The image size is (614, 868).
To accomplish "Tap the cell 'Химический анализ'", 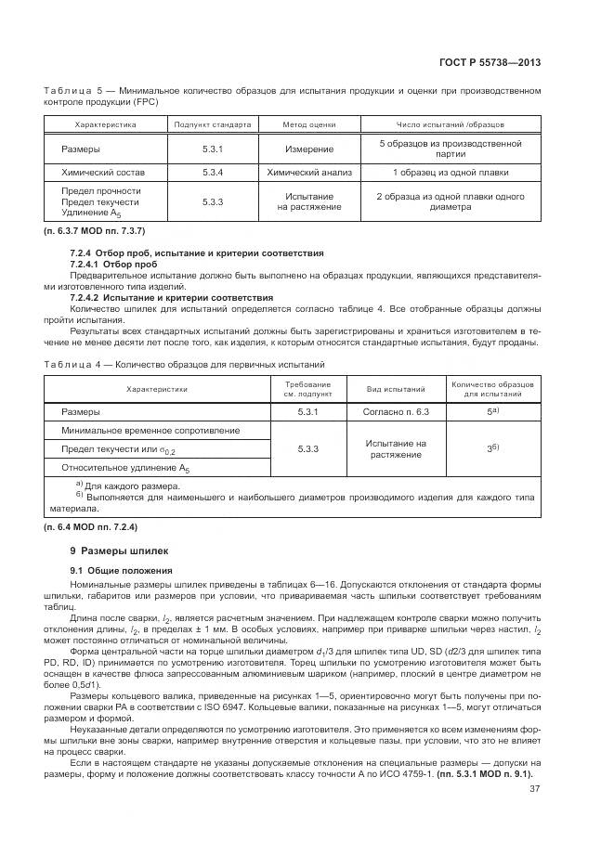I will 309,173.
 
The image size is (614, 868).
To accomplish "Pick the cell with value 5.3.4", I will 213,173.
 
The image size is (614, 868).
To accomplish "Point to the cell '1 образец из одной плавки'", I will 450,173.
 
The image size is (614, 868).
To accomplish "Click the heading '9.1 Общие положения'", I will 116,569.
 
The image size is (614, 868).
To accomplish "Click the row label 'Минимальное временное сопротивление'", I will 150,431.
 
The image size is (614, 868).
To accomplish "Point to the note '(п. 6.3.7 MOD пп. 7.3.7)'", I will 95,229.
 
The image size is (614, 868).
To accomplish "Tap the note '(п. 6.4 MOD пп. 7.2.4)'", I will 90,527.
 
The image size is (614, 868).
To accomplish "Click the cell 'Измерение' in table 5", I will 309,149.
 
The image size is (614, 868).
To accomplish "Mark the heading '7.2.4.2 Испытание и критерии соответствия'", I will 172,296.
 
